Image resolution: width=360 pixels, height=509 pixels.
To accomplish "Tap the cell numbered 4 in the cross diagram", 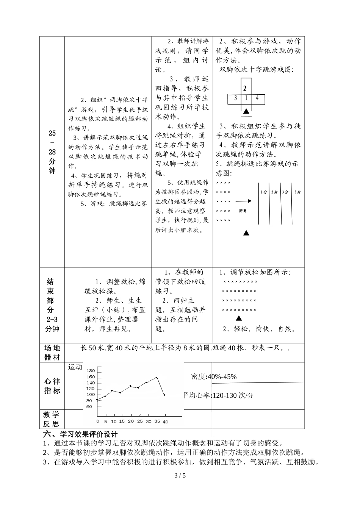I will (257, 98).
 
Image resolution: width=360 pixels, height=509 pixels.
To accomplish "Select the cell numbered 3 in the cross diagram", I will (235, 98).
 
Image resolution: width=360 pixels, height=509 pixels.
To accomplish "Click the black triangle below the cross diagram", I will (246, 111).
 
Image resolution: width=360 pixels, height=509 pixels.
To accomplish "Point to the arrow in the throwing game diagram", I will (244, 201).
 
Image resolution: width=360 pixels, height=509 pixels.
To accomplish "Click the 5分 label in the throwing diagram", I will (297, 192).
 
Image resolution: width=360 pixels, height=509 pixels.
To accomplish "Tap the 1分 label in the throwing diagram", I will (264, 192).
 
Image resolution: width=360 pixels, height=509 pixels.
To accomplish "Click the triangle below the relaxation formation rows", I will (239, 319).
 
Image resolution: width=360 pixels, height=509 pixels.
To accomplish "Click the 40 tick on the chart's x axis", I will (165, 421).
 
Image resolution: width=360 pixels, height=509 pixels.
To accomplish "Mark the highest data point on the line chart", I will (156, 378).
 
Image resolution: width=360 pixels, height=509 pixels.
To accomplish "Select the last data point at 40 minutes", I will (164, 395).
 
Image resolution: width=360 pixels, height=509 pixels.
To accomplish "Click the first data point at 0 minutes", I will (97, 399).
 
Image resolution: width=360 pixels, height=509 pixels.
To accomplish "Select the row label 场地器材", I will (52, 353).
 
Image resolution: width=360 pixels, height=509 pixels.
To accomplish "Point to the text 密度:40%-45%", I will (214, 376).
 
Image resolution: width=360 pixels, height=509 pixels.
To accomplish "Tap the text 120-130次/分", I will (233, 395).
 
